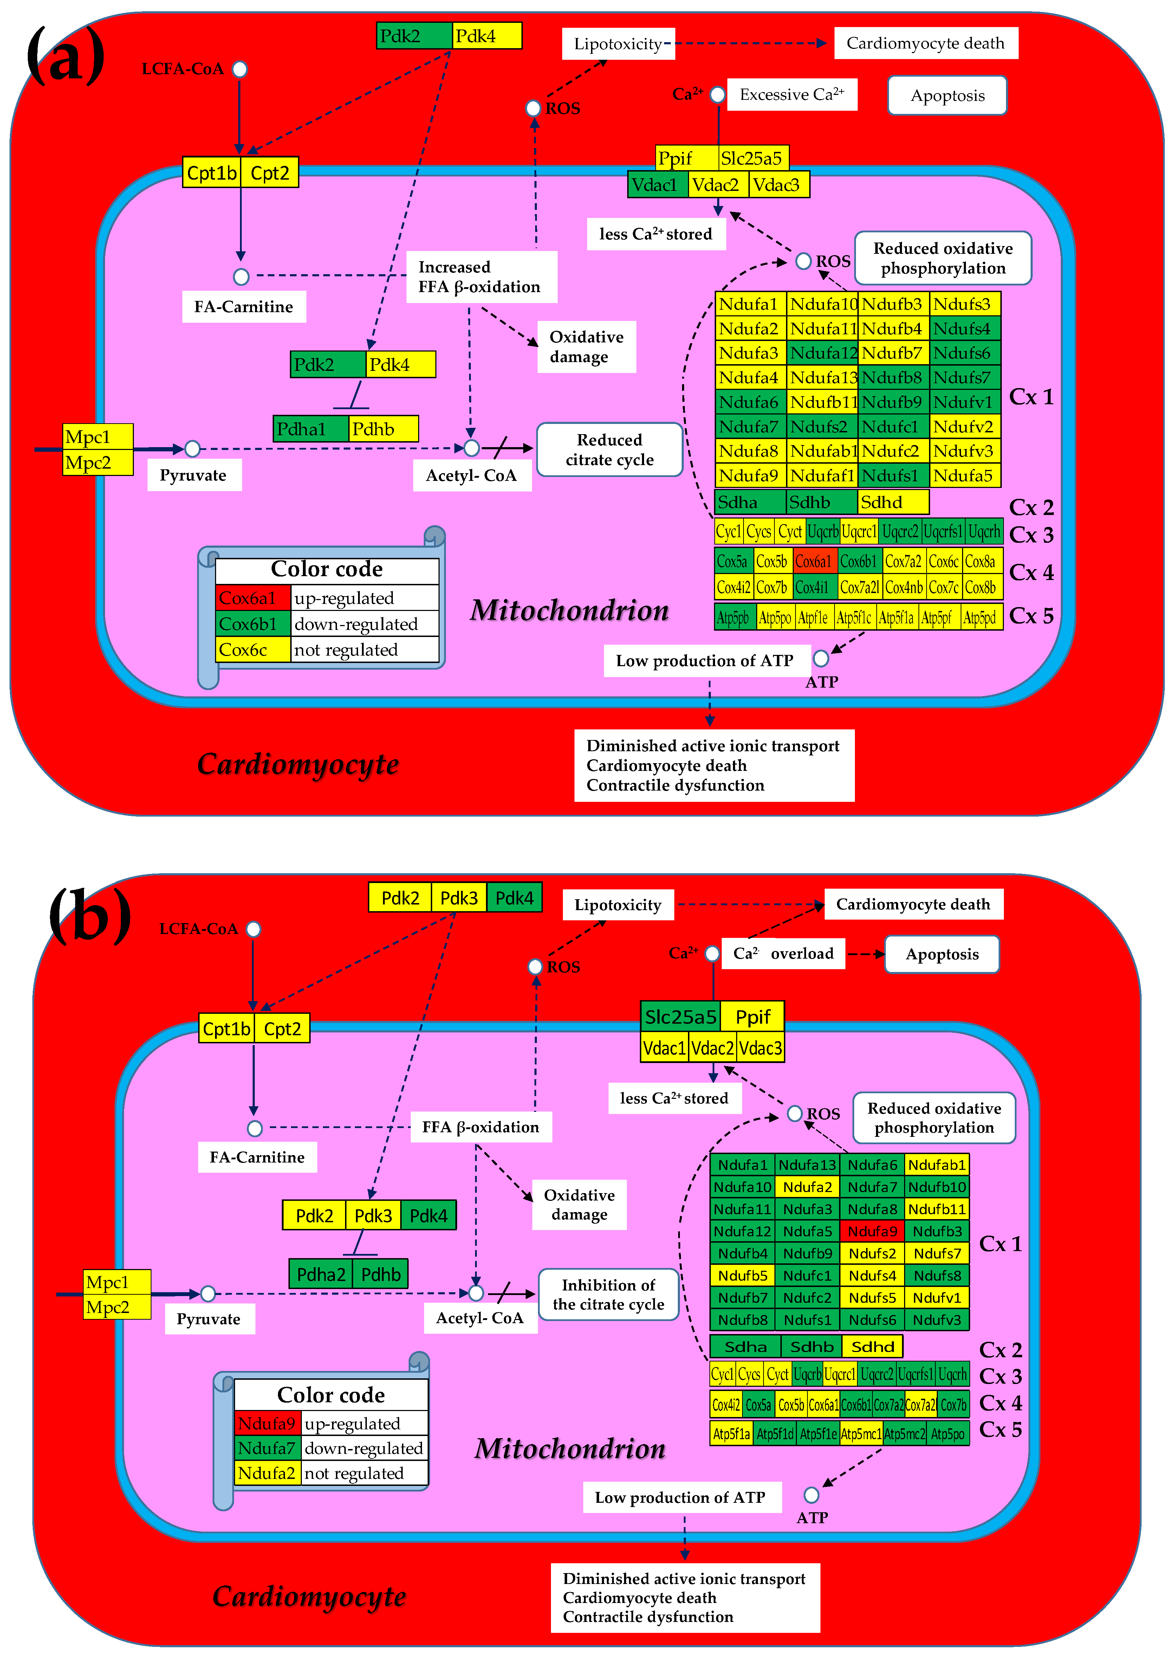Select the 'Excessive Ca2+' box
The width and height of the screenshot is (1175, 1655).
tap(792, 95)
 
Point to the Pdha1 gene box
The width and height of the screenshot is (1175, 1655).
tap(310, 429)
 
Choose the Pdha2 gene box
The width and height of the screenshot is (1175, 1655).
tap(320, 1274)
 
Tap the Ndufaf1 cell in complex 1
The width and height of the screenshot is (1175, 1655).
tap(822, 475)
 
